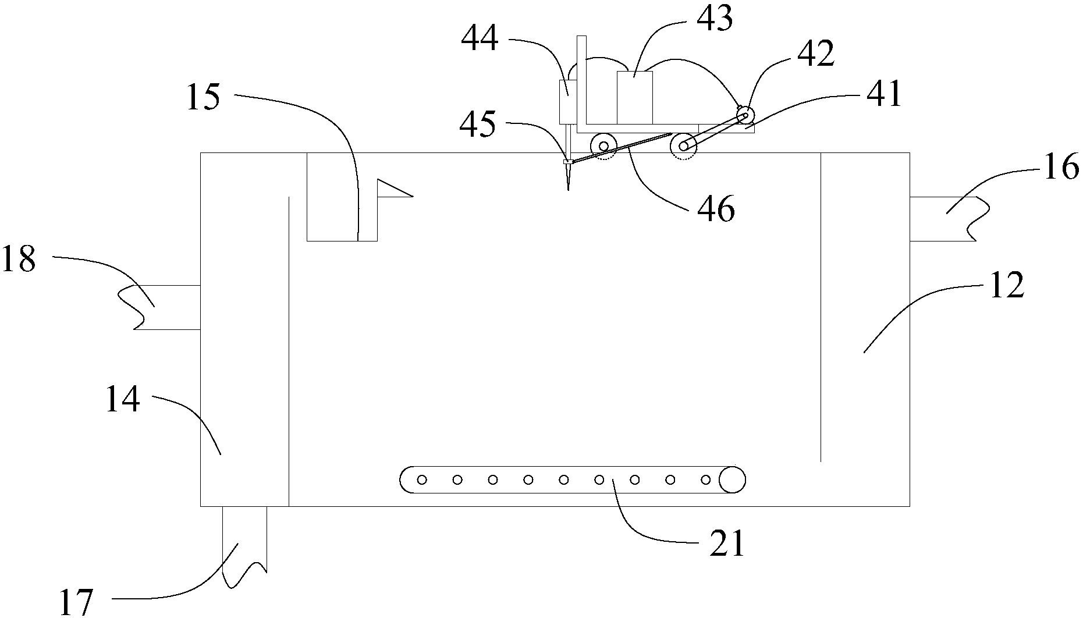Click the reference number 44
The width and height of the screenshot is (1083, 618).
tap(480, 40)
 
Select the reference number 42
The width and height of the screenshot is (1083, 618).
tap(816, 55)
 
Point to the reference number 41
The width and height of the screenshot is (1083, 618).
tap(883, 94)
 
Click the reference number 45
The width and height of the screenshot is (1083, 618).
tap(478, 124)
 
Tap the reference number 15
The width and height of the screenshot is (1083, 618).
tap(204, 97)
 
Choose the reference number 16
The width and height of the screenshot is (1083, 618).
tap(1060, 168)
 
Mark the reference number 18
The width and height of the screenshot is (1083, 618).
tap(19, 260)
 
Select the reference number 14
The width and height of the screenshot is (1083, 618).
tap(123, 400)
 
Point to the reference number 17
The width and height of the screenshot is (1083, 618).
tap(77, 602)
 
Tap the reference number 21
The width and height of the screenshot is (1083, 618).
tap(726, 544)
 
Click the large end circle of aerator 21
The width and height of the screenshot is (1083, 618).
tap(732, 480)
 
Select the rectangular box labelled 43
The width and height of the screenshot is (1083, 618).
tap(635, 97)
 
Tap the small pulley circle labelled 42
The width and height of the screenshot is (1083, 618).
tap(743, 115)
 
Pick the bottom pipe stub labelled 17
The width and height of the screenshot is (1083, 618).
tap(244, 546)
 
